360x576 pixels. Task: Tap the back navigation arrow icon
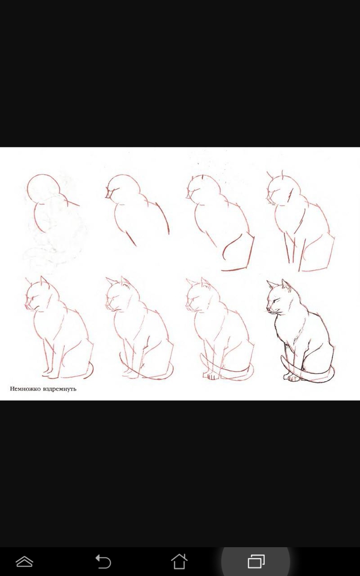[103, 561]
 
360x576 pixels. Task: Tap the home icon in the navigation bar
[179, 561]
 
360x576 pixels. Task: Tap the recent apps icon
[256, 561]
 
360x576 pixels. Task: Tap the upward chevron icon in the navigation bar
[24, 561]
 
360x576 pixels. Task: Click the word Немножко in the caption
[25, 389]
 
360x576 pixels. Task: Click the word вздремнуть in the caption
[60, 389]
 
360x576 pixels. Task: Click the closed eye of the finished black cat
[276, 300]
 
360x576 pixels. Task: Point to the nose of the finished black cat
[268, 308]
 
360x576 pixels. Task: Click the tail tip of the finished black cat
[282, 357]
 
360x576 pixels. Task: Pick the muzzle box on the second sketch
[109, 194]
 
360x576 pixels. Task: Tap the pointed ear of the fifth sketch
[44, 280]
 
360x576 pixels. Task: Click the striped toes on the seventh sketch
[212, 376]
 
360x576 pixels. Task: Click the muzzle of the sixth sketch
[108, 305]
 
